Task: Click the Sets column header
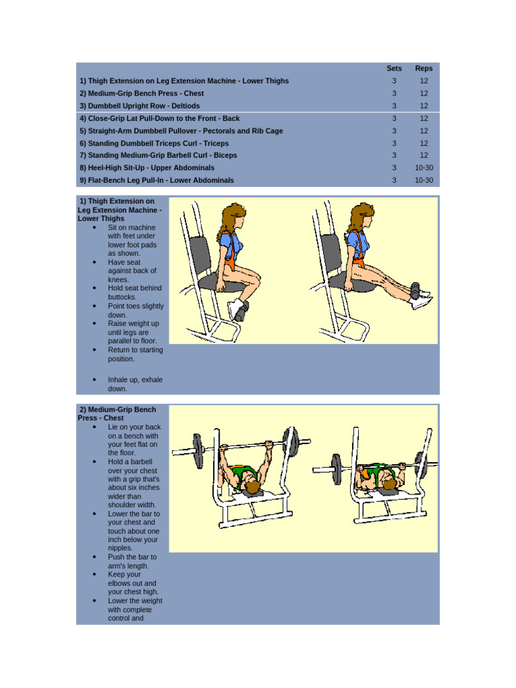pyautogui.click(x=394, y=68)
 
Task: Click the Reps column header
pyautogui.click(x=424, y=68)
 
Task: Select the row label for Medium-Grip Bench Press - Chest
pyautogui.click(x=142, y=93)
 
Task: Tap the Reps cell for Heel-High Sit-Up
pyautogui.click(x=424, y=167)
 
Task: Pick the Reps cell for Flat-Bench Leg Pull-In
pyautogui.click(x=424, y=180)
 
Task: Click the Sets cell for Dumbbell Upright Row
pyautogui.click(x=394, y=105)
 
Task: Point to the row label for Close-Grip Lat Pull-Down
pyautogui.click(x=159, y=118)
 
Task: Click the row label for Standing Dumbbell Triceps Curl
pyautogui.click(x=154, y=143)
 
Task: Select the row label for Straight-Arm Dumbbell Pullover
pyautogui.click(x=181, y=131)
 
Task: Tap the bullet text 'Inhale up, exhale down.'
pyautogui.click(x=134, y=384)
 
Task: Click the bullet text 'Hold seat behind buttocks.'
pyautogui.click(x=134, y=292)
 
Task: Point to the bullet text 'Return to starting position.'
pyautogui.click(x=134, y=354)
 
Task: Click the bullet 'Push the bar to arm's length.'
pyautogui.click(x=132, y=561)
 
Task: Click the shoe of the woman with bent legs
pyautogui.click(x=236, y=309)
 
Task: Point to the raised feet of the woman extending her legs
pyautogui.click(x=420, y=296)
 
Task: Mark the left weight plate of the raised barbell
pyautogui.click(x=198, y=451)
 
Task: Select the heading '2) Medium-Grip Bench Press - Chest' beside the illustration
pyautogui.click(x=118, y=413)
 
